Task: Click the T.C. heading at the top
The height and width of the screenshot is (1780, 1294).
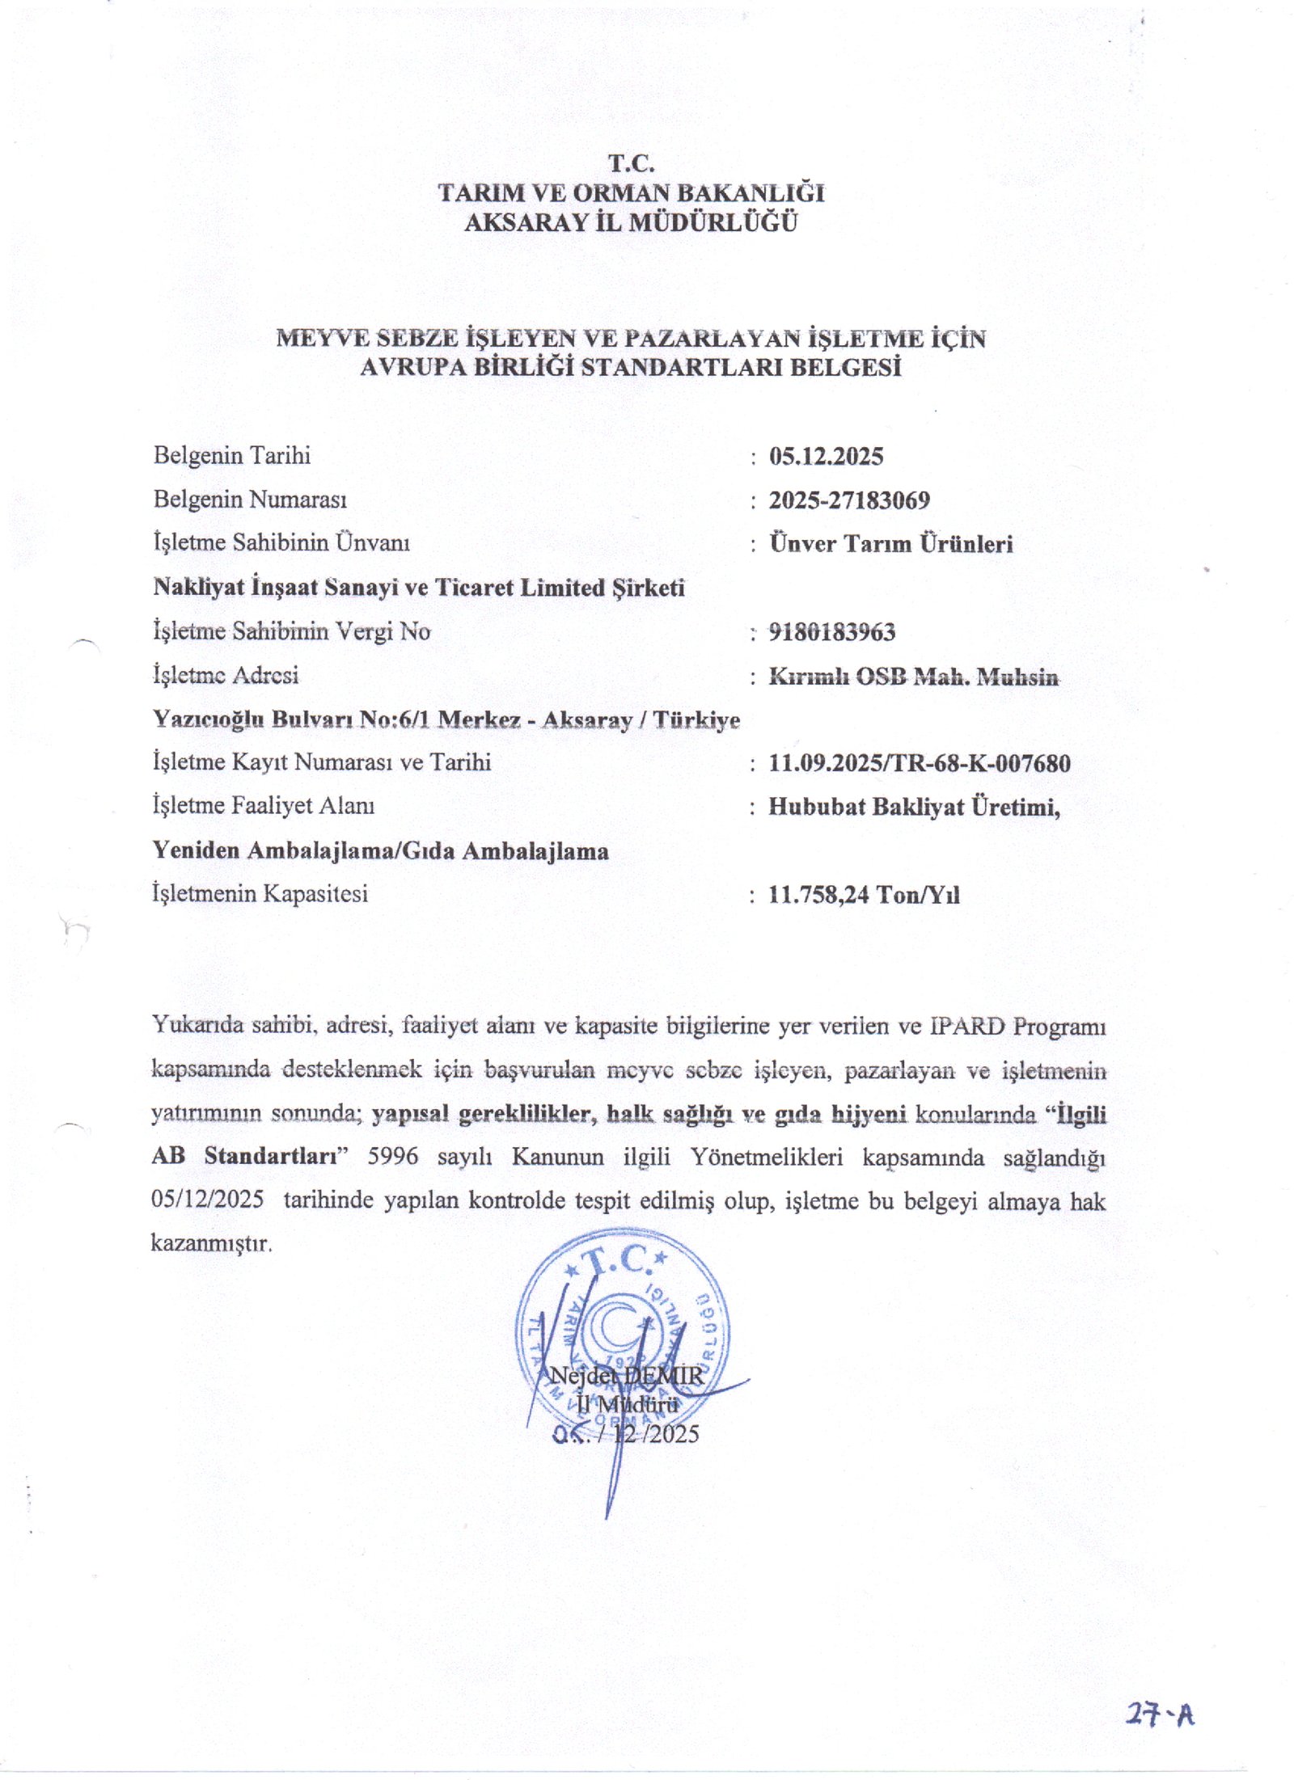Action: (631, 164)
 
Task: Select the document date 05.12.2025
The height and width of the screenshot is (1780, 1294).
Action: (826, 457)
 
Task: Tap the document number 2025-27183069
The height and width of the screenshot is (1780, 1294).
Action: (849, 500)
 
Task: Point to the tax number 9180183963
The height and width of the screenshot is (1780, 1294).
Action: (832, 632)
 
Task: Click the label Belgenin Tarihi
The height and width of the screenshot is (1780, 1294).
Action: (232, 456)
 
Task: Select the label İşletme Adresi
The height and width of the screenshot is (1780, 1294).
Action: (226, 675)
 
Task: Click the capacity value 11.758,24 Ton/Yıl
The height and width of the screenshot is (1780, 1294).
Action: (864, 895)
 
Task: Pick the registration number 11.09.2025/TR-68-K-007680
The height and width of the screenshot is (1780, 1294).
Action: (920, 763)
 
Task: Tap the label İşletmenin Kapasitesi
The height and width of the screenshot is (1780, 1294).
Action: (260, 894)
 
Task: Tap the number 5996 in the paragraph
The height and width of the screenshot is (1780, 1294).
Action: (393, 1158)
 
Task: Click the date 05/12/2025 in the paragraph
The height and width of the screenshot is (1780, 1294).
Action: (207, 1200)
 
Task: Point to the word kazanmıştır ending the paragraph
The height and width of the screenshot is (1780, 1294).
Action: (211, 1243)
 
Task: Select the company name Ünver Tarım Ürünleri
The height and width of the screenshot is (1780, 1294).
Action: (890, 544)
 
